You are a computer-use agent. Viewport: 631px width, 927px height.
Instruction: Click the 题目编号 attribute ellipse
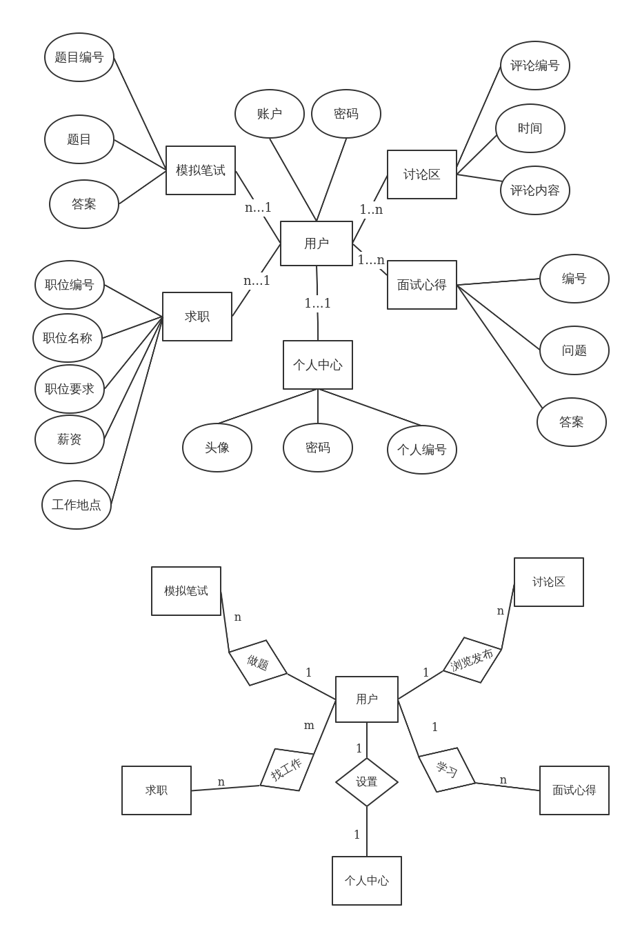[x=79, y=57]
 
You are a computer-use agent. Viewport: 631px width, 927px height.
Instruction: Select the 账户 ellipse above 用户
[x=270, y=114]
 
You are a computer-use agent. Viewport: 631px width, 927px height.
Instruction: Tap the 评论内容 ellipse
[x=535, y=190]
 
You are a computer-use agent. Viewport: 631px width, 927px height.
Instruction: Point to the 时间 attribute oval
[x=530, y=128]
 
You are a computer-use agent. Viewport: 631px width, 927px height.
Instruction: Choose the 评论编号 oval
[x=535, y=66]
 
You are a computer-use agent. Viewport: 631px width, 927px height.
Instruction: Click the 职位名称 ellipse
[x=68, y=338]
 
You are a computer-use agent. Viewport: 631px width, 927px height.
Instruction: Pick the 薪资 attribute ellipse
[x=70, y=439]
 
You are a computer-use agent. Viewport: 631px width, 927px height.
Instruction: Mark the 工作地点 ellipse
[x=77, y=505]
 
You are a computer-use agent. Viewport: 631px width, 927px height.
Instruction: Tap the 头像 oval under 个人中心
[x=217, y=448]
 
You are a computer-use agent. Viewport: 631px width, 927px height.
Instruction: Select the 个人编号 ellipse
[x=422, y=450]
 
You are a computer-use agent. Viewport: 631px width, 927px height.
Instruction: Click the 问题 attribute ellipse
[x=574, y=350]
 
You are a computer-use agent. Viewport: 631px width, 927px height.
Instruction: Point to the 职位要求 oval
[x=70, y=389]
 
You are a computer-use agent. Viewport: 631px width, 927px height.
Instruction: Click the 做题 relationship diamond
[x=258, y=663]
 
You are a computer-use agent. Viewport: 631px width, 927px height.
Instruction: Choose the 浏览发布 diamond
[x=472, y=660]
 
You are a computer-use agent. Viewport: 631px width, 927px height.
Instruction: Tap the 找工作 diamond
[x=287, y=770]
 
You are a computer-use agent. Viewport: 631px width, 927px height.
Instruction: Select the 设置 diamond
[x=367, y=782]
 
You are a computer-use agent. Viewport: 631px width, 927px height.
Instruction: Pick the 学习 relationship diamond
[x=447, y=770]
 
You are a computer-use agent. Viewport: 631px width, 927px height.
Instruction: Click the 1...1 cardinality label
[x=318, y=303]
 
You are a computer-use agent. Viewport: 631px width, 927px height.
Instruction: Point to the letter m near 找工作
[x=309, y=726]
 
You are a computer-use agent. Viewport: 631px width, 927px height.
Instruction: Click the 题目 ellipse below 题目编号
[x=79, y=139]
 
